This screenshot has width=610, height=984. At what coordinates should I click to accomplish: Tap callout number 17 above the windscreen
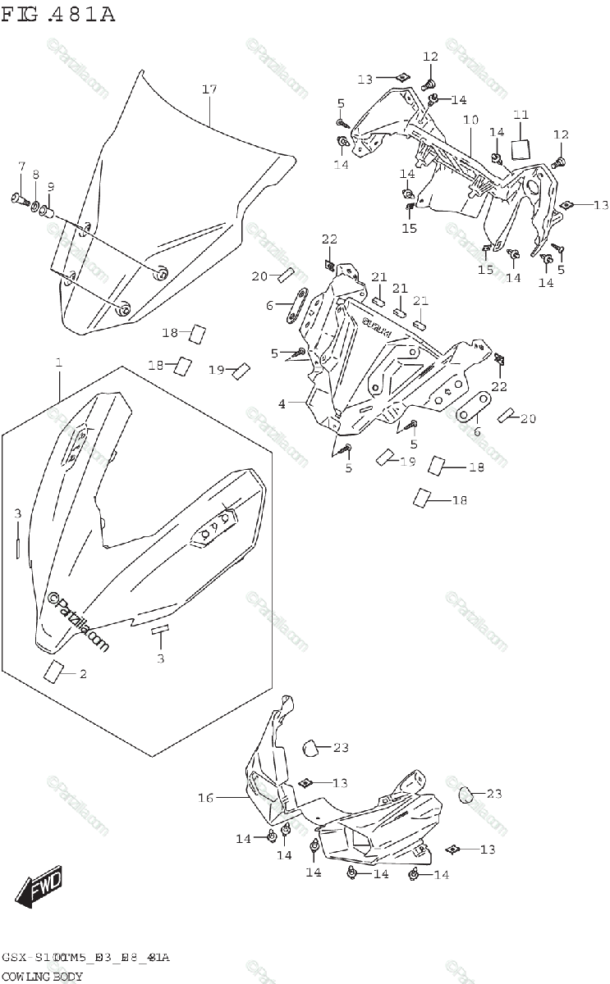click(x=209, y=89)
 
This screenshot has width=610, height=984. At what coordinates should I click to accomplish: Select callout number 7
click(x=22, y=168)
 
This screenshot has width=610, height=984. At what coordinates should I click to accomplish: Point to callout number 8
click(x=36, y=174)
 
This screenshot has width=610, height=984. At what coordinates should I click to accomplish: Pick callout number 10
click(x=470, y=120)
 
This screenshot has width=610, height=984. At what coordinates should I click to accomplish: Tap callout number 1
click(x=58, y=362)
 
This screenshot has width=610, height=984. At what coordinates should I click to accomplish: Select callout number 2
click(x=82, y=674)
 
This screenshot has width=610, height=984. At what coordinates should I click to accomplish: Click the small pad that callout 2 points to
click(x=55, y=671)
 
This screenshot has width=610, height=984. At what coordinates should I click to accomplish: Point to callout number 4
click(x=282, y=403)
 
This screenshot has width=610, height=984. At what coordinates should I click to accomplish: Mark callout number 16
click(x=205, y=797)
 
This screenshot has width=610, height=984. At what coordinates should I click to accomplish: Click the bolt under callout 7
click(x=17, y=197)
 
